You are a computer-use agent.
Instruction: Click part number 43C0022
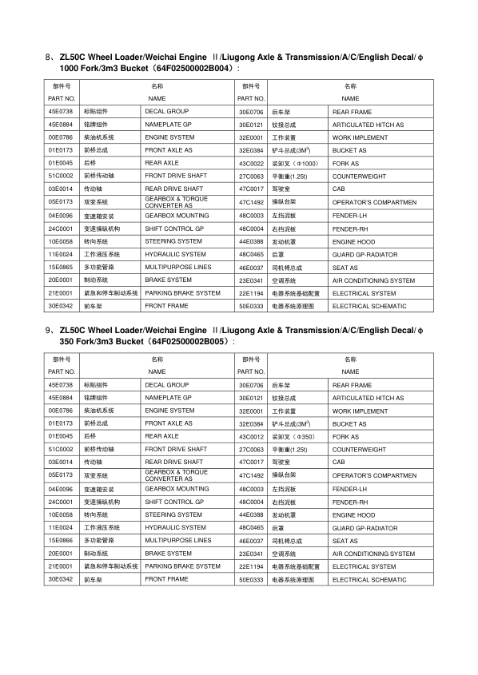tap(251, 163)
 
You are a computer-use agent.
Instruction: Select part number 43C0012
tap(251, 437)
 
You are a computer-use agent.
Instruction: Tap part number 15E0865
tap(60, 266)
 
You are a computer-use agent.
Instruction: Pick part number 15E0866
tap(60, 540)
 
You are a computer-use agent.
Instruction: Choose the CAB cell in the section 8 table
tap(339, 189)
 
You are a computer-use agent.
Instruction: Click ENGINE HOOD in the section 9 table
tap(353, 514)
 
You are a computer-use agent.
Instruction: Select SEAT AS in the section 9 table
tap(345, 540)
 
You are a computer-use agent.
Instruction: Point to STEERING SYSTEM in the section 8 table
tap(173, 240)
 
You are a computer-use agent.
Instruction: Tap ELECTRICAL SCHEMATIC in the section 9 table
tap(369, 579)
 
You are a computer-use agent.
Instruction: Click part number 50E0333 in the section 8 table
tap(251, 306)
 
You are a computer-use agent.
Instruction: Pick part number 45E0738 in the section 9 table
tap(60, 385)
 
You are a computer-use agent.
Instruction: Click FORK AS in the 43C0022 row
tap(345, 163)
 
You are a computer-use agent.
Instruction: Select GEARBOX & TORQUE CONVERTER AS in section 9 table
tap(176, 475)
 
